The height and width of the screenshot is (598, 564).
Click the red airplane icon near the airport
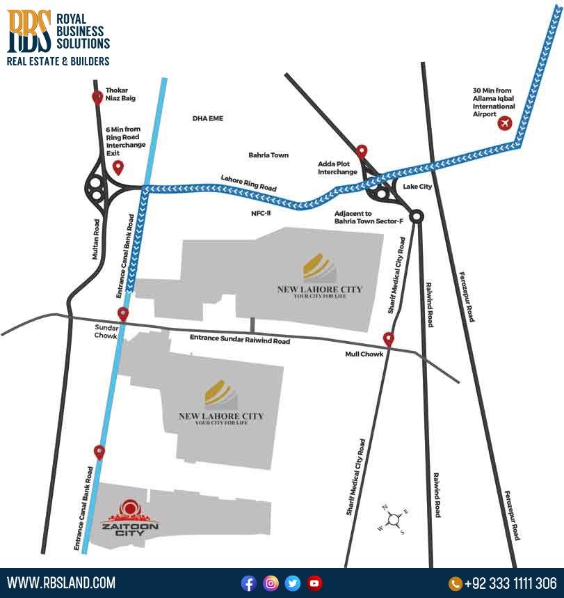(x=505, y=124)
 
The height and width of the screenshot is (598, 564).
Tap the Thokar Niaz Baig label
(x=120, y=94)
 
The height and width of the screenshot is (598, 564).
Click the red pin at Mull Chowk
(x=389, y=340)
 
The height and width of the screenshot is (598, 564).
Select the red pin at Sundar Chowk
(x=123, y=314)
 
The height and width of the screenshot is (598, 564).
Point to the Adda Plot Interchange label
(x=338, y=168)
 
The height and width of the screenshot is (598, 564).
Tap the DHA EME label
(x=208, y=119)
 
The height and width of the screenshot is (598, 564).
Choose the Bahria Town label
(x=268, y=155)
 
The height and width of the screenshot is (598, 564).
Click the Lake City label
(x=417, y=187)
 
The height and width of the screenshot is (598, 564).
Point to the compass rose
(x=394, y=519)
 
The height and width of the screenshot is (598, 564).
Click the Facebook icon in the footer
(x=249, y=583)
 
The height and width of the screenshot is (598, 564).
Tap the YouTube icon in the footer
(x=314, y=583)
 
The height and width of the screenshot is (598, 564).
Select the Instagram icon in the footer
(x=271, y=583)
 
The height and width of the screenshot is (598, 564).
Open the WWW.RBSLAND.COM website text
(x=61, y=583)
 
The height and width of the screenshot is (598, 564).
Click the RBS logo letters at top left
(x=29, y=31)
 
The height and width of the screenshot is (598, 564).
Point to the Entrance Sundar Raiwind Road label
(x=240, y=340)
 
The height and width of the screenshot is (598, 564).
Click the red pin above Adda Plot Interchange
(x=362, y=151)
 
